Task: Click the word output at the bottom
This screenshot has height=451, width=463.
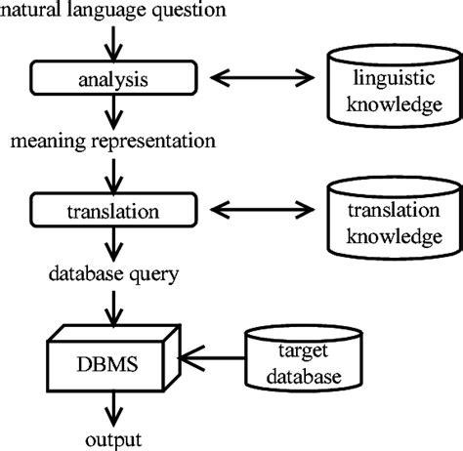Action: pos(115,438)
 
